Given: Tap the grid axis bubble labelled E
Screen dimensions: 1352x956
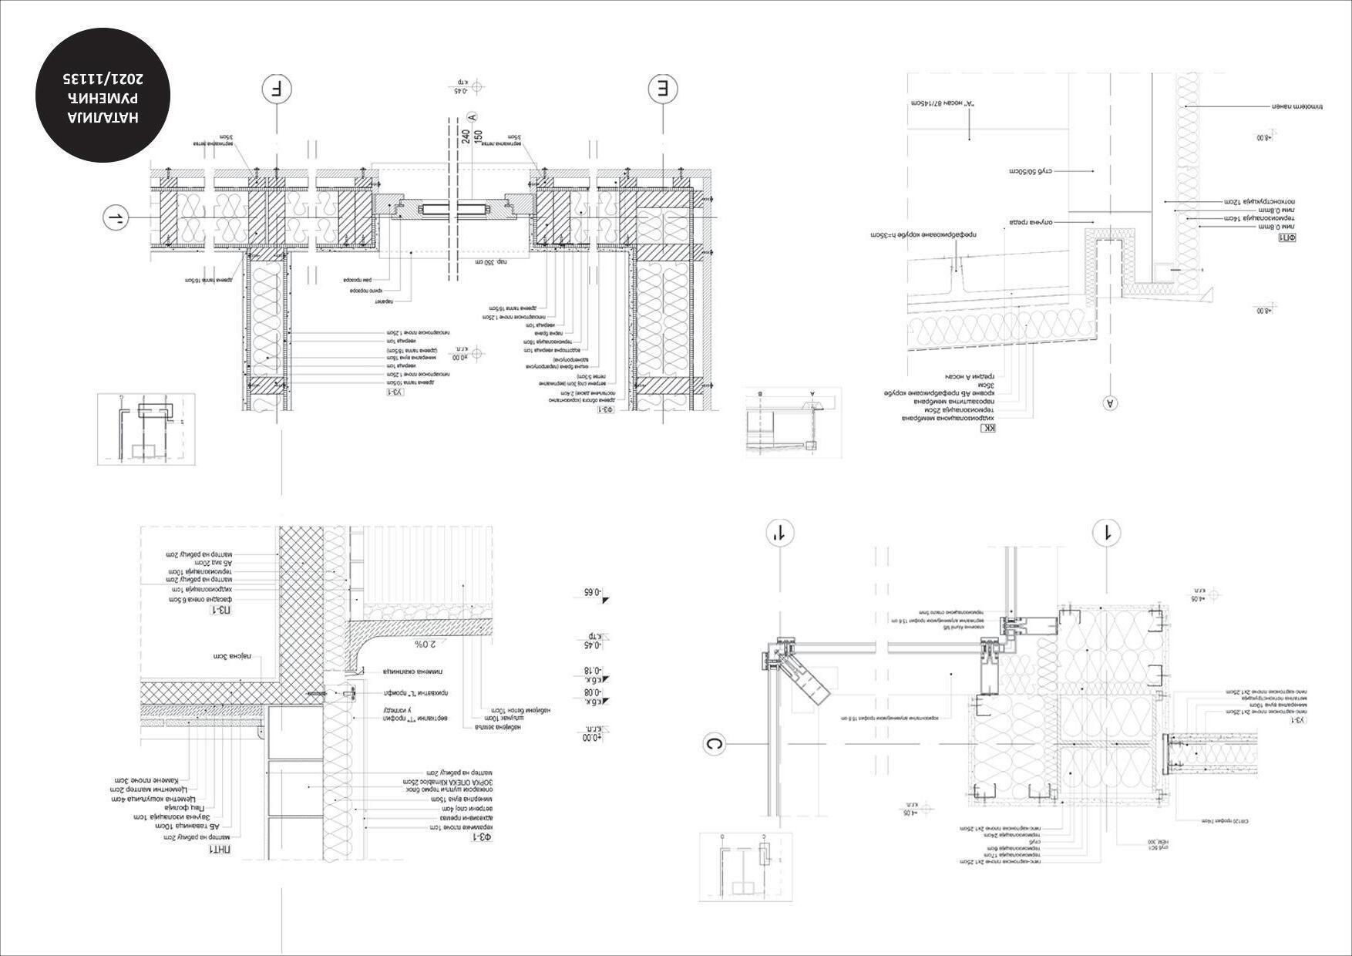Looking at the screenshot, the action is [662, 89].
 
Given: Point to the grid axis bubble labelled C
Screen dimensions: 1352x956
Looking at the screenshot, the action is [715, 745].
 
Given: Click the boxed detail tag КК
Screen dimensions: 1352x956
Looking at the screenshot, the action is [988, 429].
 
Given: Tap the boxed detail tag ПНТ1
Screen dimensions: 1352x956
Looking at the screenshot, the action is [223, 850].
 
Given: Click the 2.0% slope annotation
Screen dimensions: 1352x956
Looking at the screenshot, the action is [425, 644].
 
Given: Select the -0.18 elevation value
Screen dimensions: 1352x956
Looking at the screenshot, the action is [591, 672].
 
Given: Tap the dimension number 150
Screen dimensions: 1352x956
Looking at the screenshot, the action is [478, 136].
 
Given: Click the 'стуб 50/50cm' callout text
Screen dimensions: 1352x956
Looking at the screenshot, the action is [1035, 170].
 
